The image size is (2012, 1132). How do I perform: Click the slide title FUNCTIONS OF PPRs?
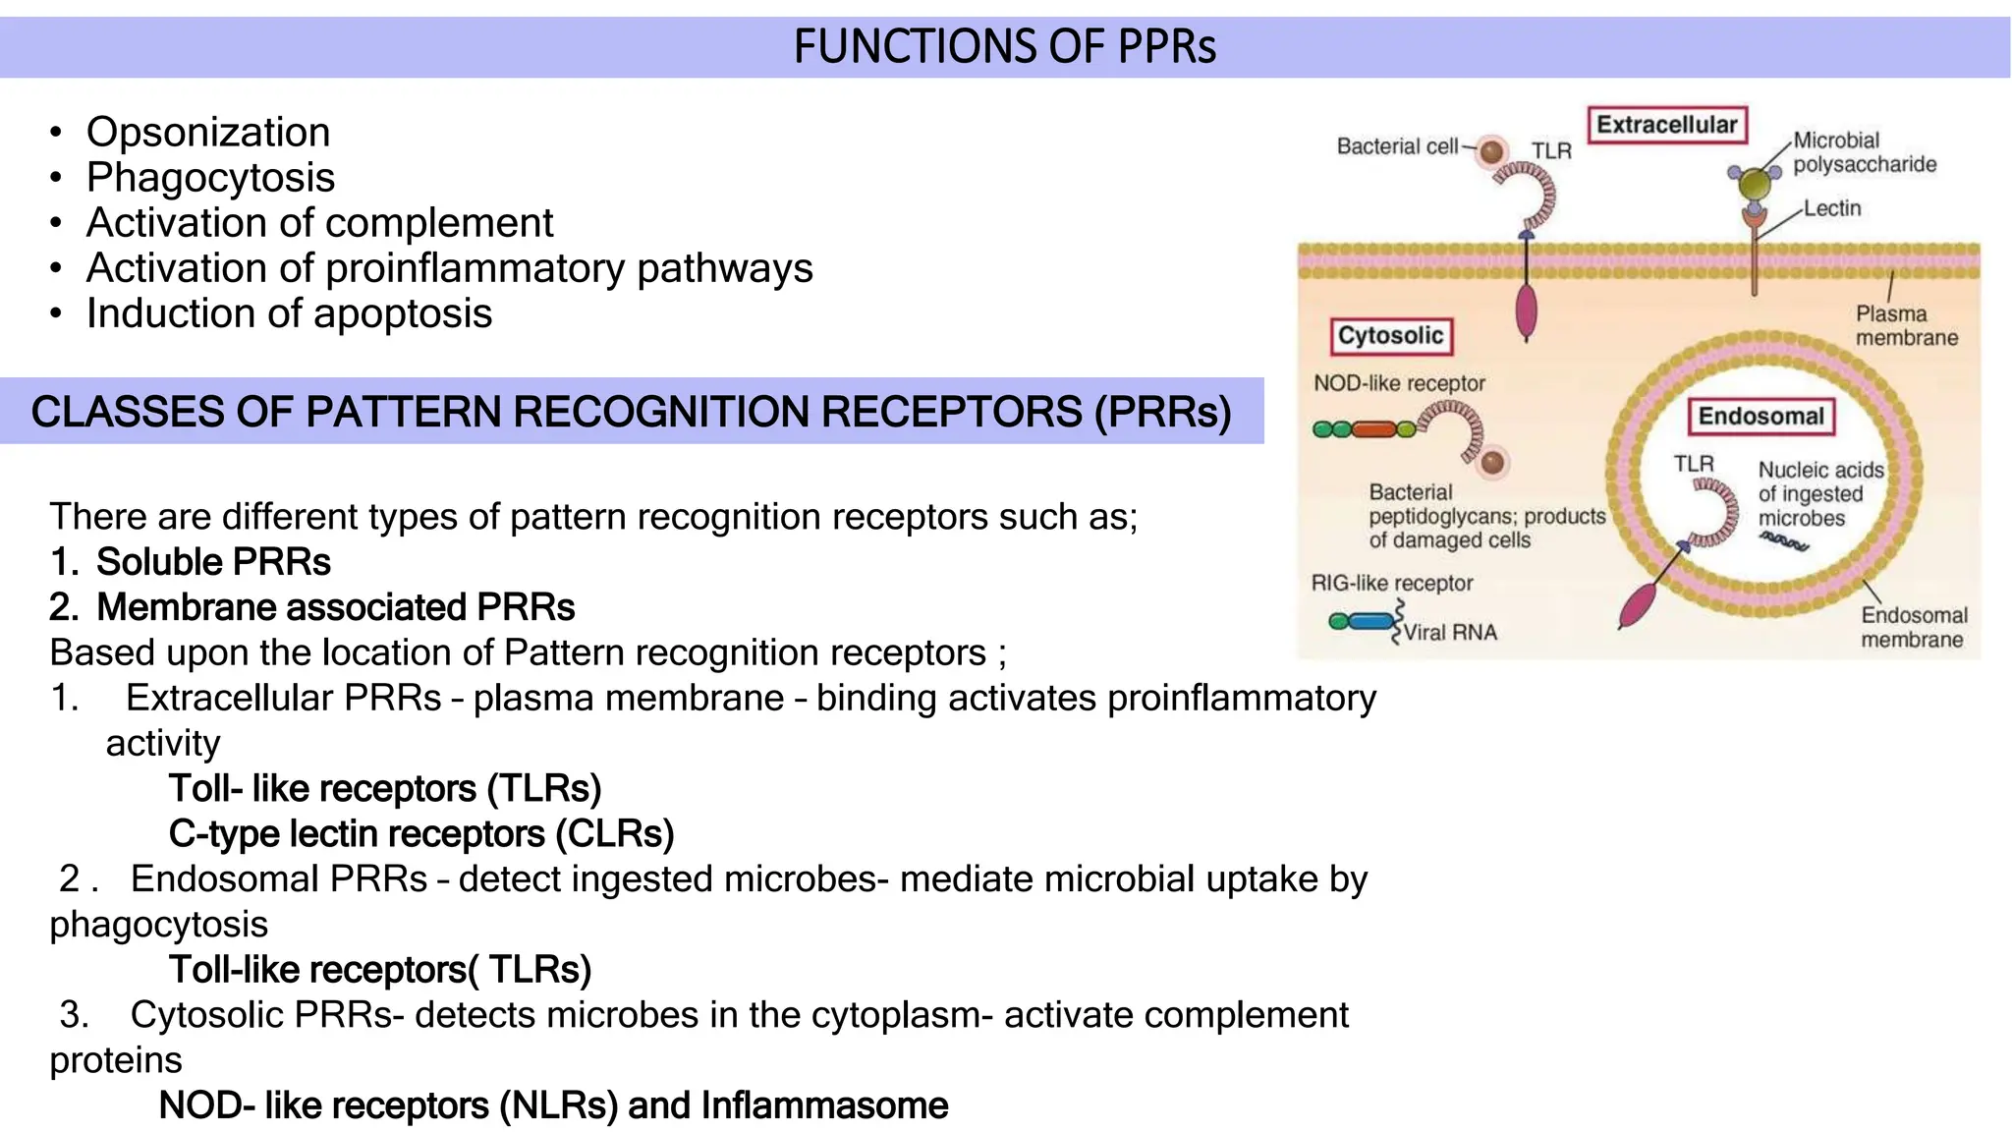coord(1004,47)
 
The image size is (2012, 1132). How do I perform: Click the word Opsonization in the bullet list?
coord(208,133)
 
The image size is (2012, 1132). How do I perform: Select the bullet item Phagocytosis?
coord(210,178)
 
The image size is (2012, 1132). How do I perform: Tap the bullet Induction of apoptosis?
coord(289,313)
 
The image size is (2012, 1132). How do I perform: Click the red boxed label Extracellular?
coord(1666,125)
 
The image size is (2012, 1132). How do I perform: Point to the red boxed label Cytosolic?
coord(1390,336)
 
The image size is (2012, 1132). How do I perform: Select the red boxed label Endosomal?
coord(1760,417)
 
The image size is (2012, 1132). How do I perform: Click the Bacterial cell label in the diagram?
coord(1397,146)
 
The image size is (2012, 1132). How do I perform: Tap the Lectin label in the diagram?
coord(1831,208)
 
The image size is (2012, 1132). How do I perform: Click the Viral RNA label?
coord(1450,633)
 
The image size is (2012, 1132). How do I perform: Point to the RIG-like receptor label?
coord(1392,583)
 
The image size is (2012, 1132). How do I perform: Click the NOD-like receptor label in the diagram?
coord(1399,383)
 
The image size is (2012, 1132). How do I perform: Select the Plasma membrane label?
coord(1906,326)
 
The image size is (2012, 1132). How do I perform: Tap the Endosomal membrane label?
coord(1913,627)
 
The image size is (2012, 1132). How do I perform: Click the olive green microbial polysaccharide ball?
coord(1754,183)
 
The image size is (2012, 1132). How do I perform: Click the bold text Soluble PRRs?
coord(213,562)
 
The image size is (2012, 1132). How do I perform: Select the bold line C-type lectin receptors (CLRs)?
coord(421,834)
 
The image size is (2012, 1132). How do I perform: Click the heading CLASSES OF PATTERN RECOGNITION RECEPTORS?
coord(631,412)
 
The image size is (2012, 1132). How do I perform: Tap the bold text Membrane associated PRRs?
coord(335,607)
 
